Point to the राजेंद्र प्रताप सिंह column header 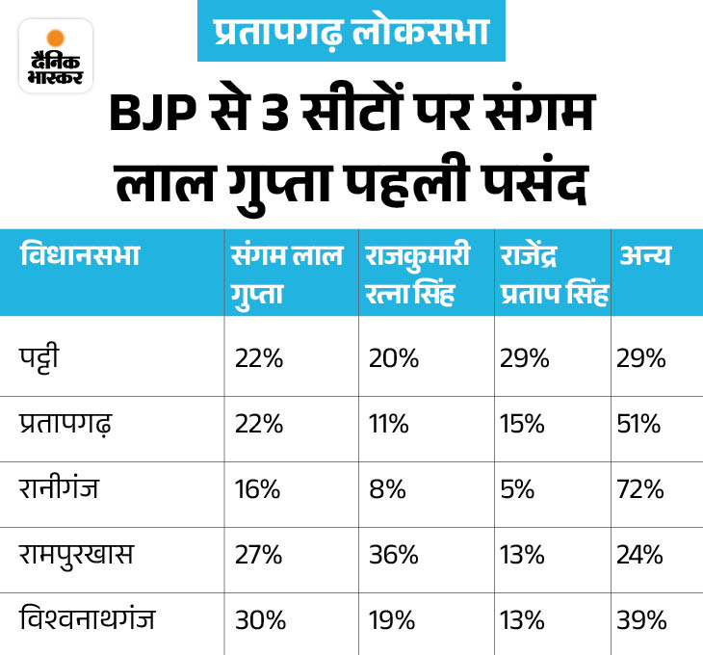(553, 274)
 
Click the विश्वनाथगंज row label (88, 618)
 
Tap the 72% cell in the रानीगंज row (640, 489)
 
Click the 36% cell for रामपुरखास (393, 555)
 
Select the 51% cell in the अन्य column (640, 424)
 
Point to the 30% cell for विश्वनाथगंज (258, 619)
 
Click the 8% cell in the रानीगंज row (386, 489)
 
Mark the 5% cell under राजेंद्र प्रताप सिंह (517, 489)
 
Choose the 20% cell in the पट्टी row (393, 359)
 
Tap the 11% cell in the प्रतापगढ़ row (391, 424)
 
